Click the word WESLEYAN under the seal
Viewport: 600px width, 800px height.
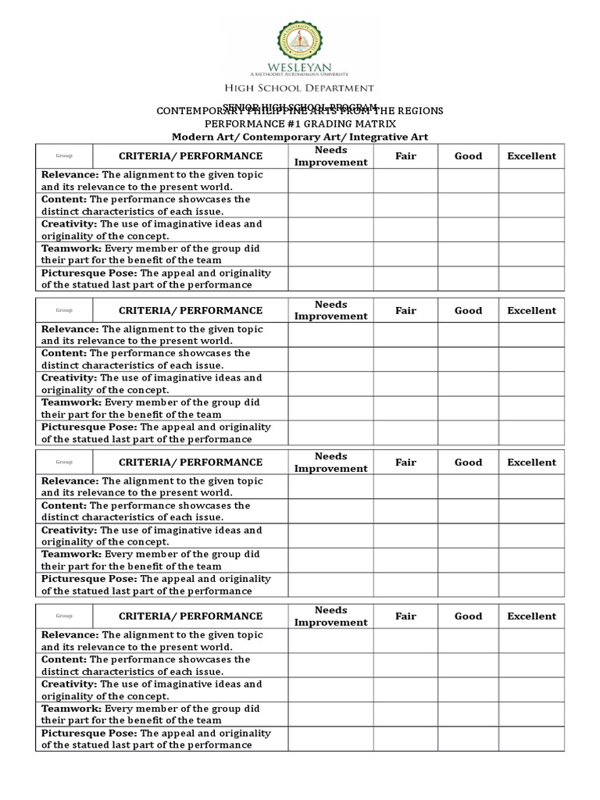tap(299, 68)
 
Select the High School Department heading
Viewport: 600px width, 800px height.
tap(299, 88)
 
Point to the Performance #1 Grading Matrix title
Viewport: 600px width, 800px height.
tap(300, 123)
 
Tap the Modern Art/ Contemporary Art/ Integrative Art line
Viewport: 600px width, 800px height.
tap(300, 137)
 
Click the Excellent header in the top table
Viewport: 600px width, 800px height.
tap(531, 156)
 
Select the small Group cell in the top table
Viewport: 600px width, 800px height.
tap(64, 156)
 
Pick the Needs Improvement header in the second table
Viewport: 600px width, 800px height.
tap(330, 310)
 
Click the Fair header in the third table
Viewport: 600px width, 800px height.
tap(405, 462)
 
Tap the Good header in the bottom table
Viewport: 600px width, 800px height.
tap(468, 616)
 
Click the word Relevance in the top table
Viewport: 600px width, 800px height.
tap(70, 175)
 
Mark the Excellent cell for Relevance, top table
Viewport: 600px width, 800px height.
tap(531, 180)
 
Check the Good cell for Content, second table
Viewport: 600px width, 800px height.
tap(468, 359)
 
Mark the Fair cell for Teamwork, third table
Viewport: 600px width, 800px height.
tap(405, 560)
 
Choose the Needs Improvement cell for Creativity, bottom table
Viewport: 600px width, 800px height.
tap(330, 690)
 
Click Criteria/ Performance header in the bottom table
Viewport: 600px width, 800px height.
tap(191, 616)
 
